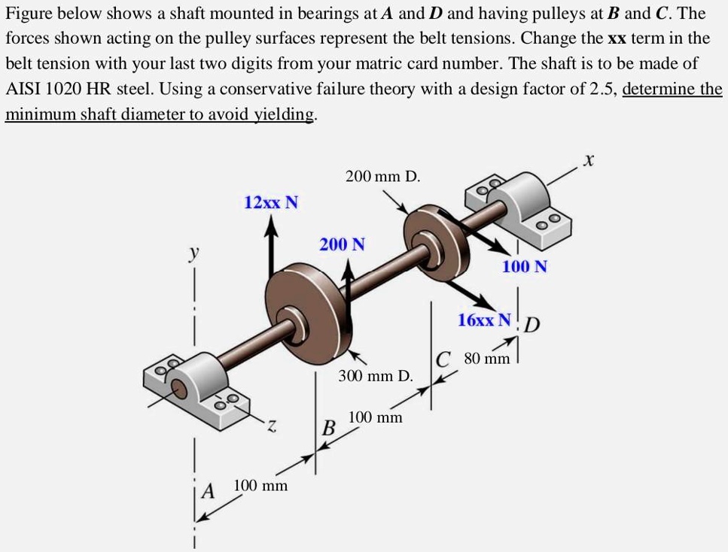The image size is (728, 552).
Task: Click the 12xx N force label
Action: tap(271, 202)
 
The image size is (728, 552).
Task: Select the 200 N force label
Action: tap(343, 244)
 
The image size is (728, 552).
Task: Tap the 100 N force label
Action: tap(525, 266)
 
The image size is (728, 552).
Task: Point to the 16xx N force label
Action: tap(485, 320)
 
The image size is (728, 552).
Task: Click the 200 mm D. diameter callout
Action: tap(382, 177)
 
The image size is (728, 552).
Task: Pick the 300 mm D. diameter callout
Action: tap(375, 375)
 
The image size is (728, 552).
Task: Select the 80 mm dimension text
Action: tap(486, 359)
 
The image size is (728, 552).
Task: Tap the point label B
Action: tap(328, 429)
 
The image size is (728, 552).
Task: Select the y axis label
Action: tap(194, 255)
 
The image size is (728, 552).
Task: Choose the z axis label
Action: tap(272, 427)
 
